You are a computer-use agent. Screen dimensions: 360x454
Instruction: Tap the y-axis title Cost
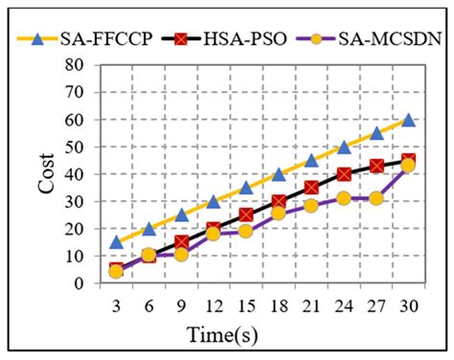pos(46,173)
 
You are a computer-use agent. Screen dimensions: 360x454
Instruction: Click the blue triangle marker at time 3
pos(117,242)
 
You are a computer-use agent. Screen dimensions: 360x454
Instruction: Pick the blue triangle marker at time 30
pos(408,120)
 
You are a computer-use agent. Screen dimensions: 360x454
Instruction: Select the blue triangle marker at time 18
pos(279,174)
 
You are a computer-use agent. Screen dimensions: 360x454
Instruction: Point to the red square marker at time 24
pos(344,175)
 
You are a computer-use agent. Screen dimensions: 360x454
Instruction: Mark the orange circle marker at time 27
pos(376,198)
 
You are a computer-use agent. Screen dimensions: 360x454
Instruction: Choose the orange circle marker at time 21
pos(311,206)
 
